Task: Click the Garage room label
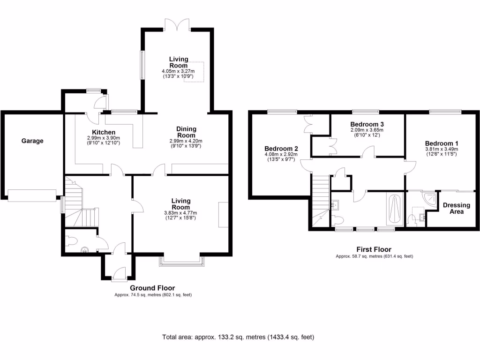coord(32,141)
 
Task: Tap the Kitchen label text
coord(104,132)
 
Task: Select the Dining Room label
coord(186,132)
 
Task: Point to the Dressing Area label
coord(456,209)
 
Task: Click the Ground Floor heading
coord(153,288)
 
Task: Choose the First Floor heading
coord(374,249)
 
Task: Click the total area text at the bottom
coord(238,337)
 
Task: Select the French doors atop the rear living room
coord(177,25)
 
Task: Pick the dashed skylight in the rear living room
coord(195,72)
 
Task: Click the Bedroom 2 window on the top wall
coord(282,112)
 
